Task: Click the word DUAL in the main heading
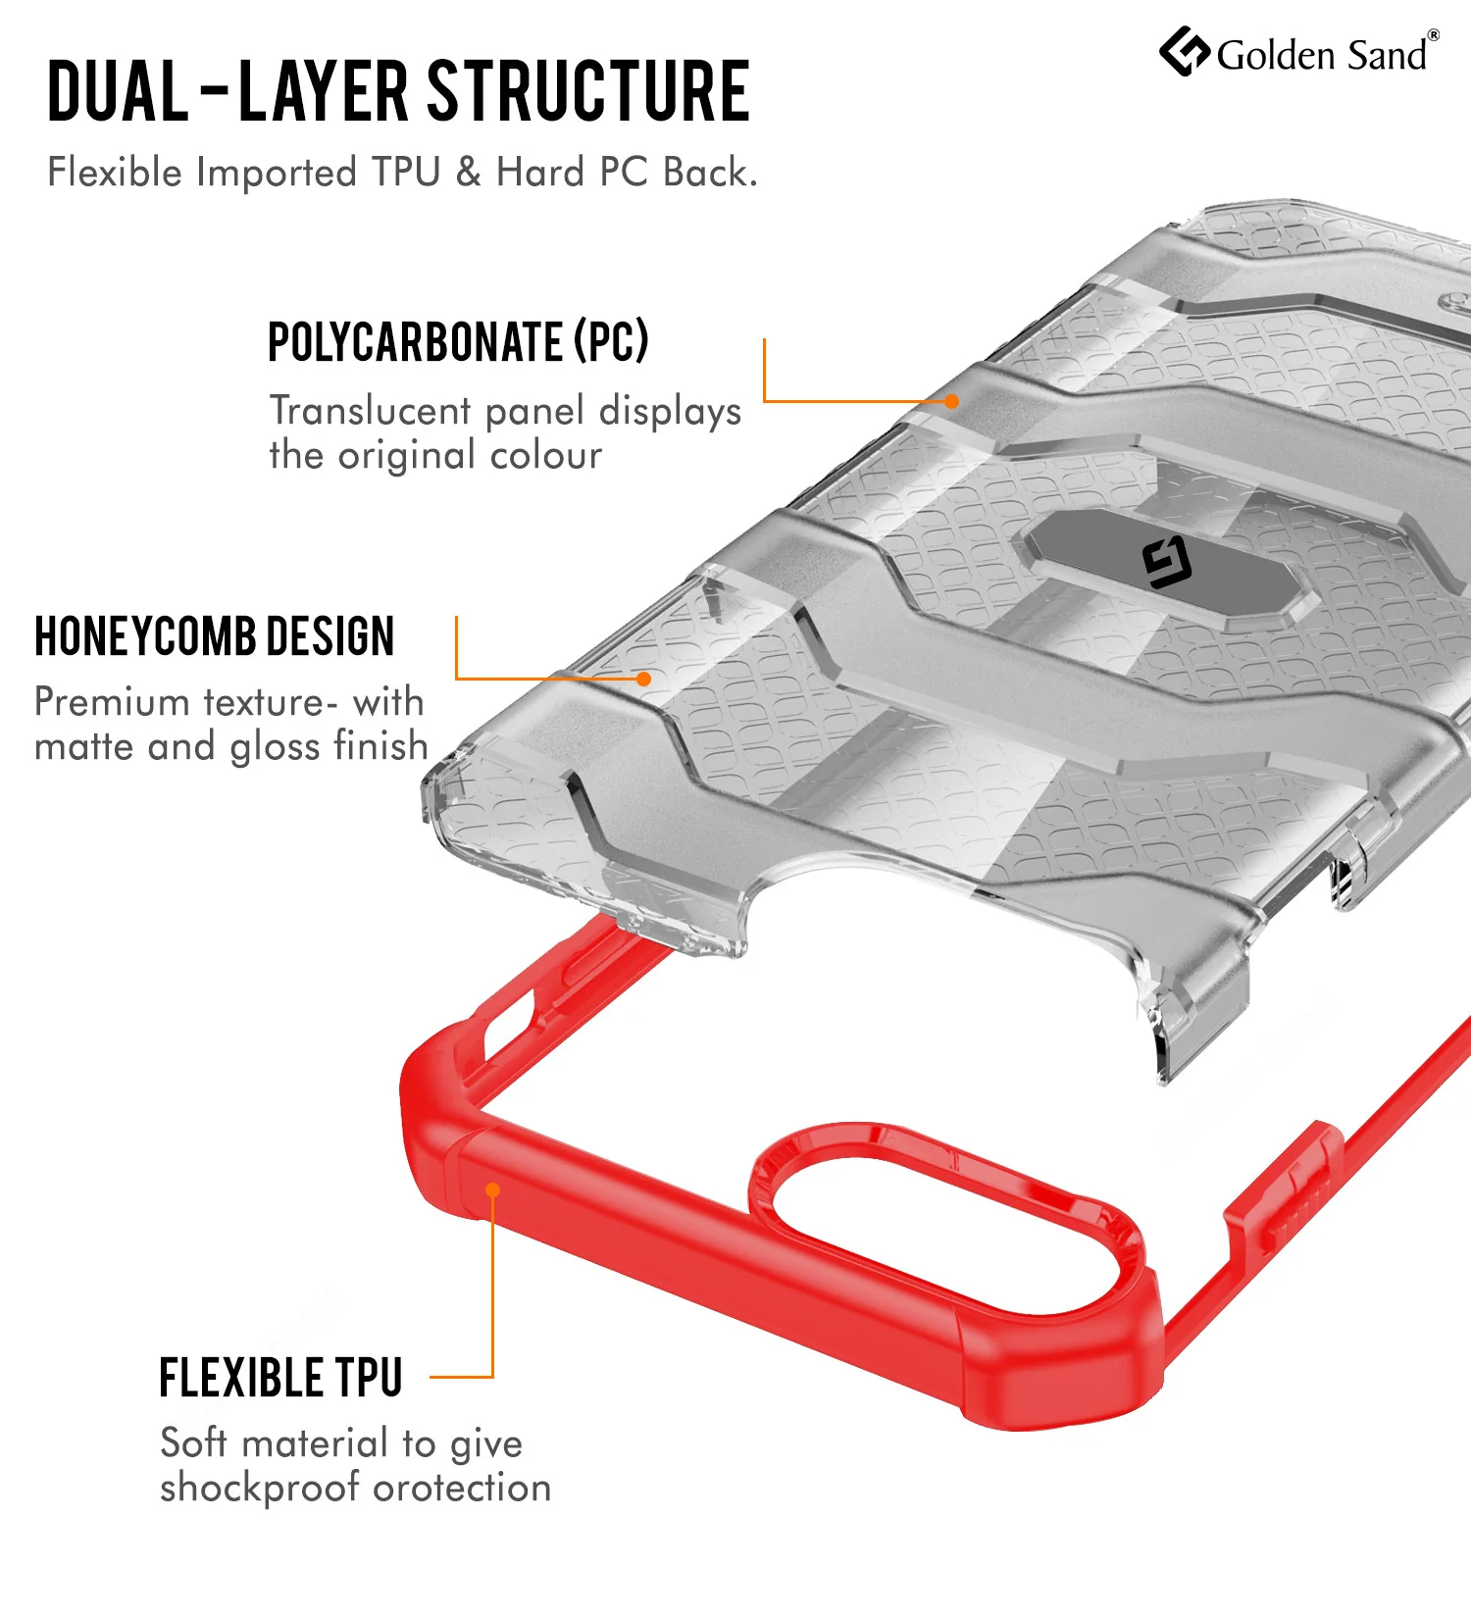(x=119, y=91)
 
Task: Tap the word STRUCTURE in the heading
(x=589, y=91)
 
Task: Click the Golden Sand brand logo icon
(x=1185, y=51)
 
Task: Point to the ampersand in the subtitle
(x=469, y=172)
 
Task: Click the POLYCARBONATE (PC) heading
(x=459, y=341)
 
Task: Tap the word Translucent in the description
(x=371, y=410)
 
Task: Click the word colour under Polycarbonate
(x=546, y=455)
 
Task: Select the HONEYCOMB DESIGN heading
(x=215, y=636)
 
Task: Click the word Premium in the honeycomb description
(x=112, y=702)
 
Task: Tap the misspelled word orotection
(x=463, y=1489)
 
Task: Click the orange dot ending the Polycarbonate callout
(x=951, y=401)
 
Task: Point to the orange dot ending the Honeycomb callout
(x=643, y=679)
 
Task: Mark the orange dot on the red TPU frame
(x=493, y=1189)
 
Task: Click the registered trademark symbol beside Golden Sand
(x=1434, y=35)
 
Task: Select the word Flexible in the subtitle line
(x=116, y=172)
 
